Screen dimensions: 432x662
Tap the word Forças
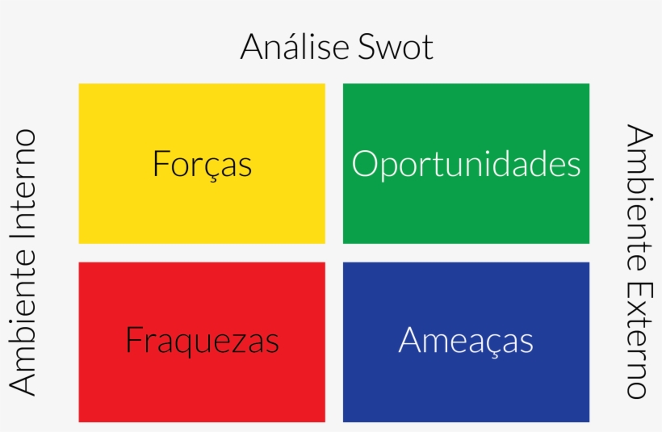(202, 164)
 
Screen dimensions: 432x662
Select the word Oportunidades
(466, 164)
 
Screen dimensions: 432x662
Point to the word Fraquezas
(202, 341)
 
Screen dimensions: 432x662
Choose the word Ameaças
(466, 341)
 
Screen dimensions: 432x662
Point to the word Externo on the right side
(638, 340)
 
